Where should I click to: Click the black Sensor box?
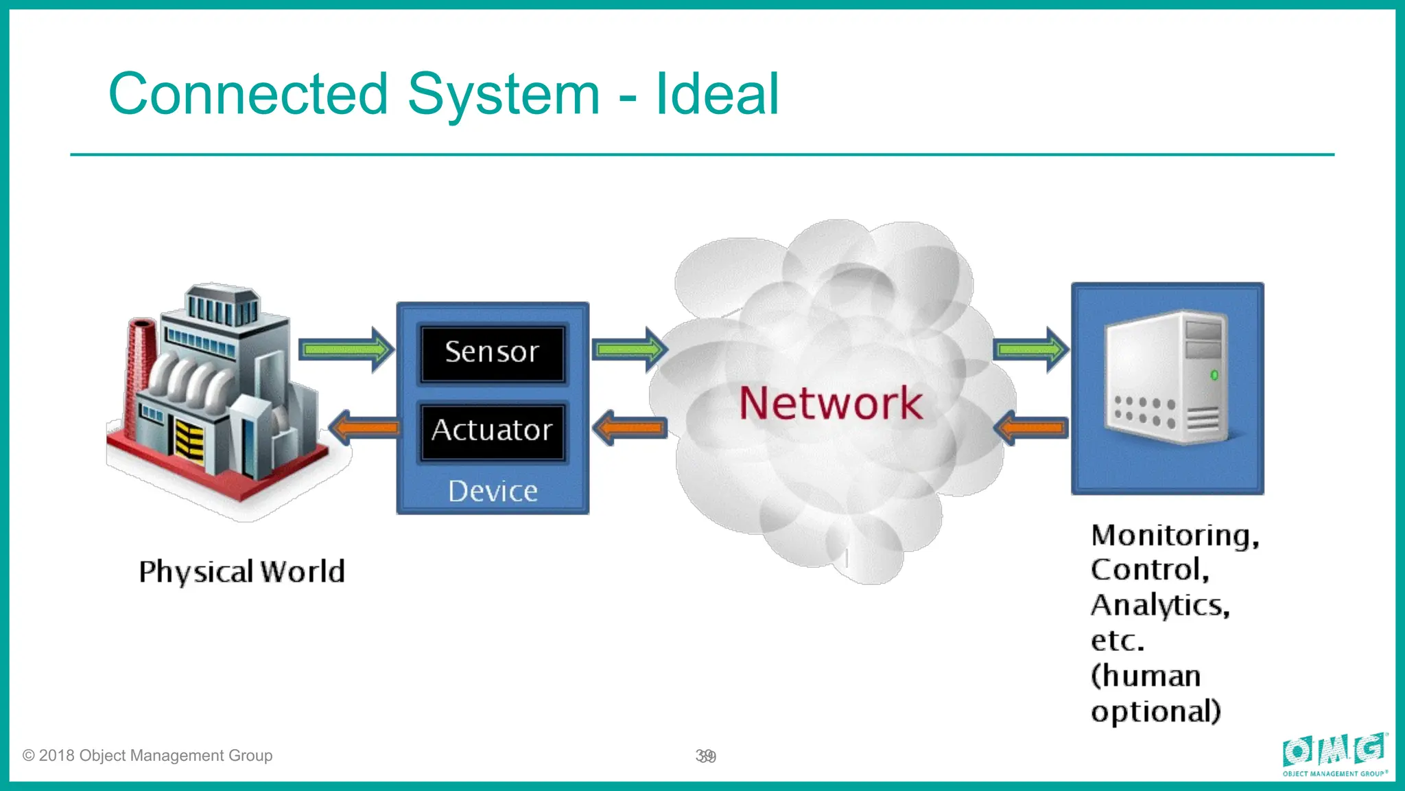492,353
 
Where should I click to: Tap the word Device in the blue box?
493,492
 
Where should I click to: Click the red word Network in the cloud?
831,403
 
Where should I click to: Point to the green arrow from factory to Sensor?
346,350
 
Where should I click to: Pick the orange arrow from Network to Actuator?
630,428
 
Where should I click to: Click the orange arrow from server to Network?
1031,428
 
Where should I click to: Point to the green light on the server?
1214,375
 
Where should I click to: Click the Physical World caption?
241,572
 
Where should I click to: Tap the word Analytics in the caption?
1159,606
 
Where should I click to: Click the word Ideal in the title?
718,94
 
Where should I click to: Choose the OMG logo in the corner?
1335,754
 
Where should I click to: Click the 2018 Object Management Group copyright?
147,756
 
